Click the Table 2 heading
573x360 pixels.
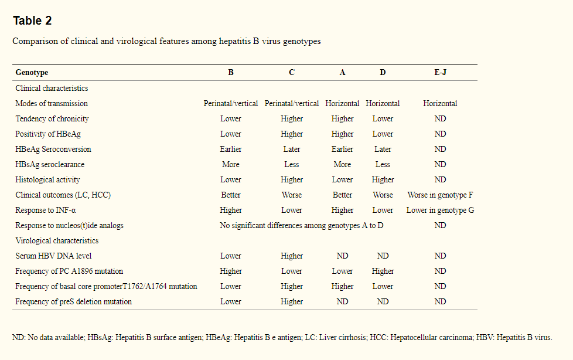pyautogui.click(x=32, y=21)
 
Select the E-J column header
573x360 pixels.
pyautogui.click(x=440, y=73)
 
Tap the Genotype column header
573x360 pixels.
pyautogui.click(x=32, y=73)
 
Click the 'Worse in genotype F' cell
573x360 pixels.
pyautogui.click(x=440, y=195)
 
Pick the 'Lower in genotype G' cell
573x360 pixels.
pyautogui.click(x=440, y=210)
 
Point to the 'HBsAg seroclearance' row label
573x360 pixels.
pyautogui.click(x=50, y=164)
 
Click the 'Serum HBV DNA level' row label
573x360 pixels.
pyautogui.click(x=53, y=256)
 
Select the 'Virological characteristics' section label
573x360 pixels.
pyautogui.click(x=57, y=240)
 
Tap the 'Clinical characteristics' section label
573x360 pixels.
pyautogui.click(x=52, y=88)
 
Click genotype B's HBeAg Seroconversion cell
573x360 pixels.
pyautogui.click(x=231, y=149)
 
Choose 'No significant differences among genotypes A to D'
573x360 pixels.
pyautogui.click(x=302, y=225)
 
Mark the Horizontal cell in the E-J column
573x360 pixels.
pyautogui.click(x=440, y=103)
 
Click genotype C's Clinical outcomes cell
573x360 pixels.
pyautogui.click(x=292, y=195)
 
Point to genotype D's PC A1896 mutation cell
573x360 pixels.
pyautogui.click(x=383, y=271)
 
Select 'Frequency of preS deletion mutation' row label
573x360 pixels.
pyautogui.click(x=73, y=301)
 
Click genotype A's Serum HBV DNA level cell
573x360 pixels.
pyautogui.click(x=342, y=256)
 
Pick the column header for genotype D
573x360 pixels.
pyautogui.click(x=383, y=73)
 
